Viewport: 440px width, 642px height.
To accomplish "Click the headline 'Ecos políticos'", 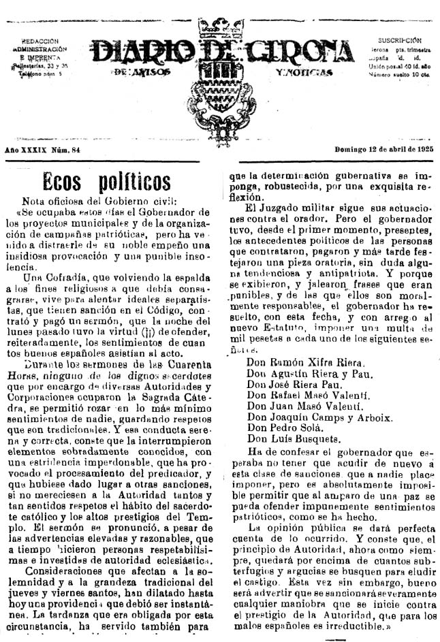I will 106,182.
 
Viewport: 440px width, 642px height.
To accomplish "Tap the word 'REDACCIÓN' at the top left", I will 40,41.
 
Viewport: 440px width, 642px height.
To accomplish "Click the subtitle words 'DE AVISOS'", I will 140,71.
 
